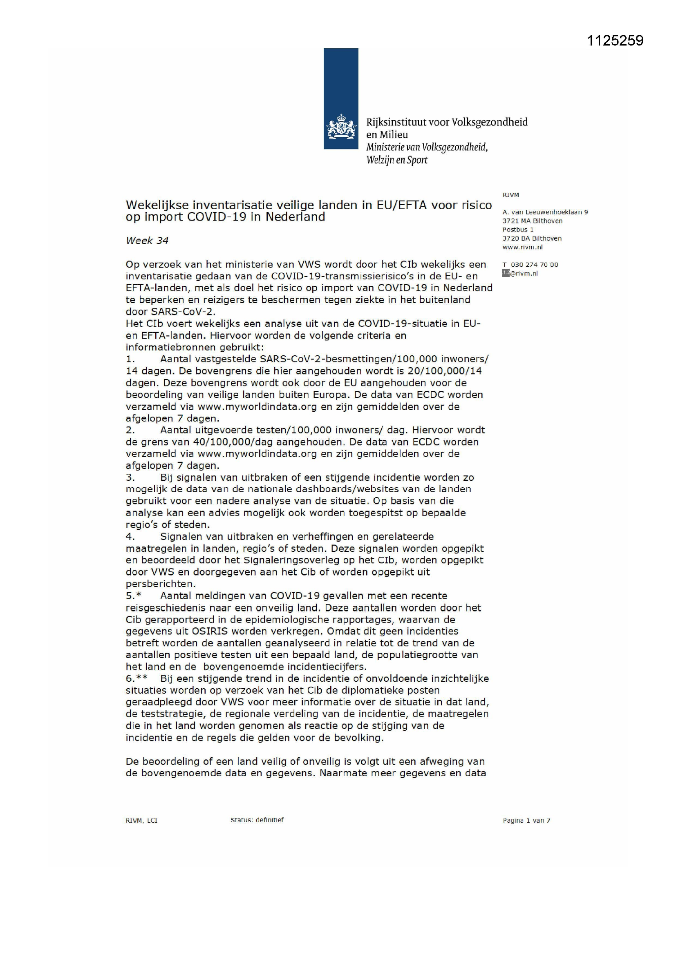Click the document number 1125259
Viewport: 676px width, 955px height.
[615, 40]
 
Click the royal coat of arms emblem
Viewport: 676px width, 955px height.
[341, 127]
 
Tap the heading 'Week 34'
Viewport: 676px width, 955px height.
[147, 241]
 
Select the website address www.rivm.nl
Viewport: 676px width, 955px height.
[522, 247]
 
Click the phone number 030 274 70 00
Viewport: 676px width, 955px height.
[535, 265]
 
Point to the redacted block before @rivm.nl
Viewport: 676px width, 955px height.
[506, 273]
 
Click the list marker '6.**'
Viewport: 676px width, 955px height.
[137, 678]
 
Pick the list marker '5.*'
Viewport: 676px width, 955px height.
[134, 596]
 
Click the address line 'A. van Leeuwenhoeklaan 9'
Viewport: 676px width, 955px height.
[545, 212]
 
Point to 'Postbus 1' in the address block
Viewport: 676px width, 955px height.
[518, 230]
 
